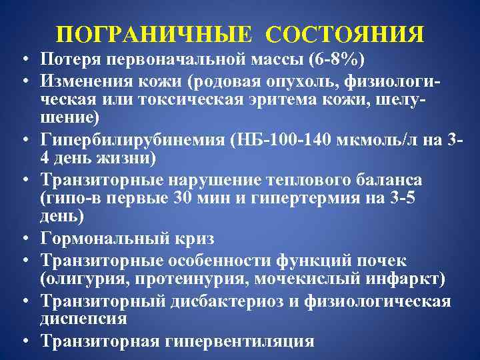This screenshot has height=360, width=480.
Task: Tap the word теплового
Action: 301,181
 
